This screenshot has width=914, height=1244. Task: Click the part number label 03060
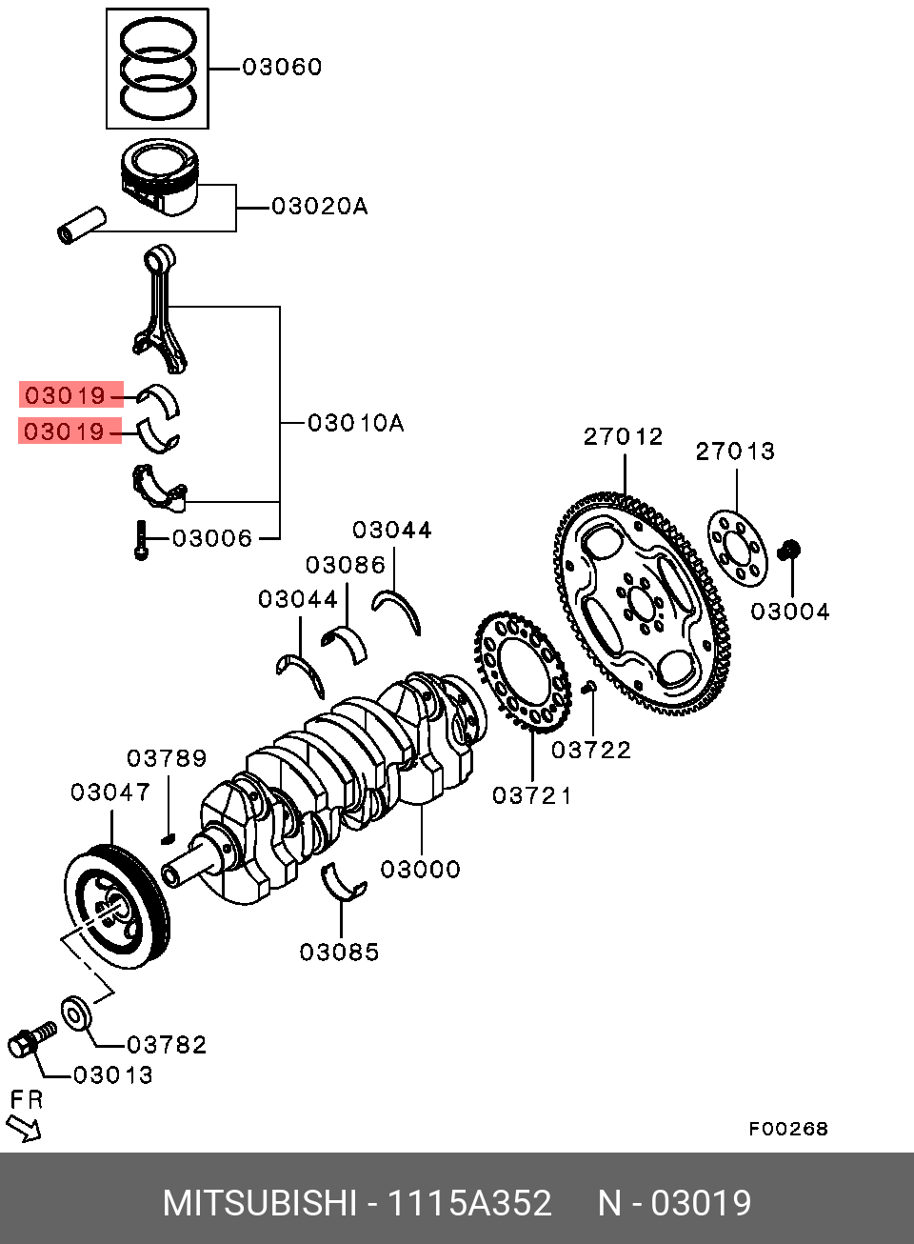click(282, 68)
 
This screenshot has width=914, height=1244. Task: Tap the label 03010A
click(355, 422)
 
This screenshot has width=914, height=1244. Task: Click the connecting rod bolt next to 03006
click(141, 540)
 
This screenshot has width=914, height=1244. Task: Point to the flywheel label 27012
click(624, 437)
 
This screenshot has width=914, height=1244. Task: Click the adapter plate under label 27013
click(737, 547)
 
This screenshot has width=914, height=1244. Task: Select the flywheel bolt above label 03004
click(789, 550)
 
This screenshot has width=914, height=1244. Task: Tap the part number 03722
click(591, 750)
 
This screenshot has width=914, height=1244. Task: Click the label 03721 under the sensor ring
click(532, 793)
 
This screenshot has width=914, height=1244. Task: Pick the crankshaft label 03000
click(420, 869)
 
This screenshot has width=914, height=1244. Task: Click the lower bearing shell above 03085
click(343, 882)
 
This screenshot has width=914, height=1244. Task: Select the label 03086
click(346, 565)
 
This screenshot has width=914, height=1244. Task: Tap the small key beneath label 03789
click(169, 837)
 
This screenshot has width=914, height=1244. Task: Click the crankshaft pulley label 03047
click(110, 792)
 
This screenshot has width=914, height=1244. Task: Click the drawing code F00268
click(787, 1129)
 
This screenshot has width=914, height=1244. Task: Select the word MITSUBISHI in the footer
click(259, 1203)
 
